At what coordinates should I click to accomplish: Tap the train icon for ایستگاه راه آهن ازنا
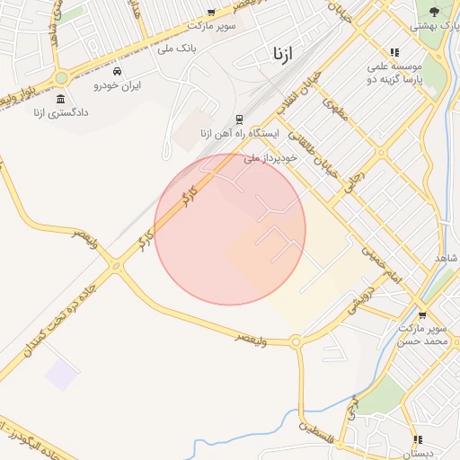[239, 119]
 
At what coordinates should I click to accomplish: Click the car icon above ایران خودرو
[119, 70]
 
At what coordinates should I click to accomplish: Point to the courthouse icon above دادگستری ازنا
[60, 99]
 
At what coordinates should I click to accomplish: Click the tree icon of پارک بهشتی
[434, 12]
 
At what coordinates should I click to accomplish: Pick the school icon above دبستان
[417, 439]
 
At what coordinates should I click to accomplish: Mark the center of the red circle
[230, 229]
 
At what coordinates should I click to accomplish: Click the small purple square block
[61, 375]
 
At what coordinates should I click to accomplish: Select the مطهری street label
[336, 110]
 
